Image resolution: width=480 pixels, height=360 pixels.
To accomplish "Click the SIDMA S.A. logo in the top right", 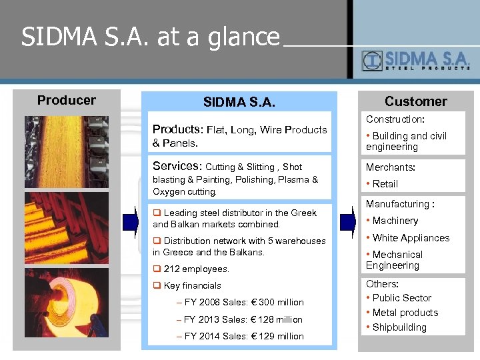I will pyautogui.click(x=416, y=61).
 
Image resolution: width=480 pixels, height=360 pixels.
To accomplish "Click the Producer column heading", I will pyautogui.click(x=67, y=100).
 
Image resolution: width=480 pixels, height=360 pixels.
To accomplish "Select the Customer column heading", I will pyautogui.click(x=415, y=101).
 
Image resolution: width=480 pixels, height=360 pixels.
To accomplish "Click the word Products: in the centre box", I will pyautogui.click(x=177, y=129).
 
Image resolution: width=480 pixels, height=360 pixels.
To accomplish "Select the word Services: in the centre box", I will pyautogui.click(x=177, y=166).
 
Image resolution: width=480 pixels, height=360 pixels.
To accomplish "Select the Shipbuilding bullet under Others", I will pyautogui.click(x=399, y=327).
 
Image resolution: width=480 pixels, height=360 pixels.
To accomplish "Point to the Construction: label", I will pyautogui.click(x=395, y=119).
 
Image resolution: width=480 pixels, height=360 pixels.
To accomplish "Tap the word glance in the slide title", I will pyautogui.click(x=246, y=37).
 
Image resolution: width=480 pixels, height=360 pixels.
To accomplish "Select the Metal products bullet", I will pyautogui.click(x=405, y=313).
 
